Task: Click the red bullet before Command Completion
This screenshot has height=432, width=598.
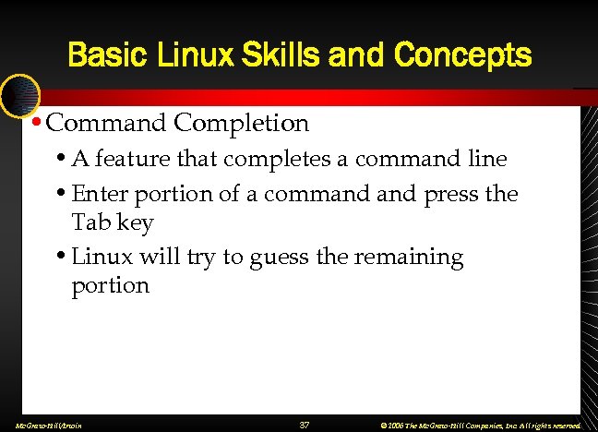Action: click(x=35, y=122)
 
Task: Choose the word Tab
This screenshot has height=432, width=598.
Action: click(x=89, y=222)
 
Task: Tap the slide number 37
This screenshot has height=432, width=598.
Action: click(x=304, y=425)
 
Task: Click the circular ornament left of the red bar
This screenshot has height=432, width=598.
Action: click(x=18, y=96)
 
